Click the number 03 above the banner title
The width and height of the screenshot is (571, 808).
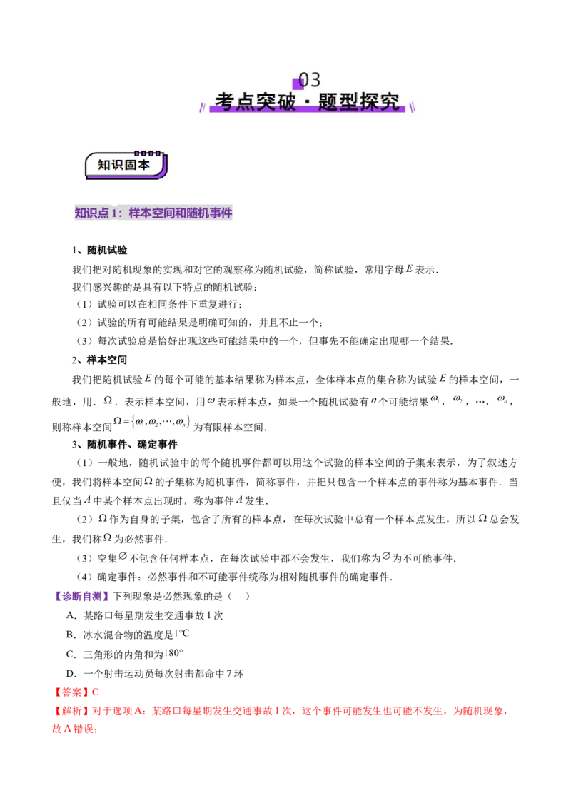point(310,79)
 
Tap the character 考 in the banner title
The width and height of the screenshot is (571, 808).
point(225,101)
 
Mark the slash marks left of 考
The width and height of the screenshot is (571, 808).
point(202,107)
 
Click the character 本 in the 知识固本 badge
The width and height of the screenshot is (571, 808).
point(143,165)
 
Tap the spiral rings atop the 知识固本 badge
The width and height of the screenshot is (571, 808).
point(148,153)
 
